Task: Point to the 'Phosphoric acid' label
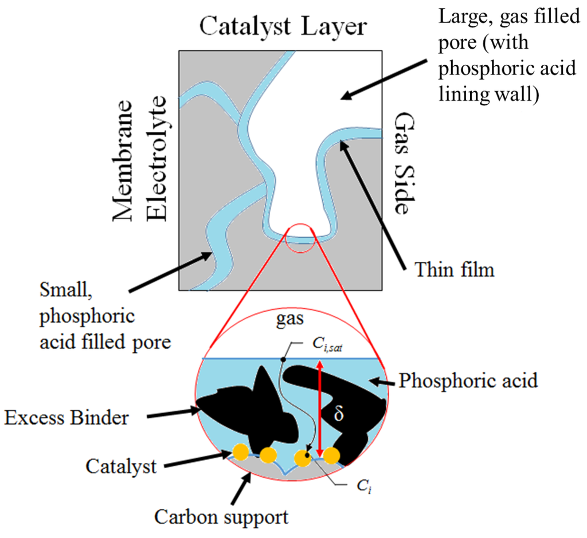pos(468,380)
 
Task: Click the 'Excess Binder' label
pos(66,418)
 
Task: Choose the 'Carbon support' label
pos(221,517)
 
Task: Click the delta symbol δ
pos(338,414)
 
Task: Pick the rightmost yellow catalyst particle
pos(331,456)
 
